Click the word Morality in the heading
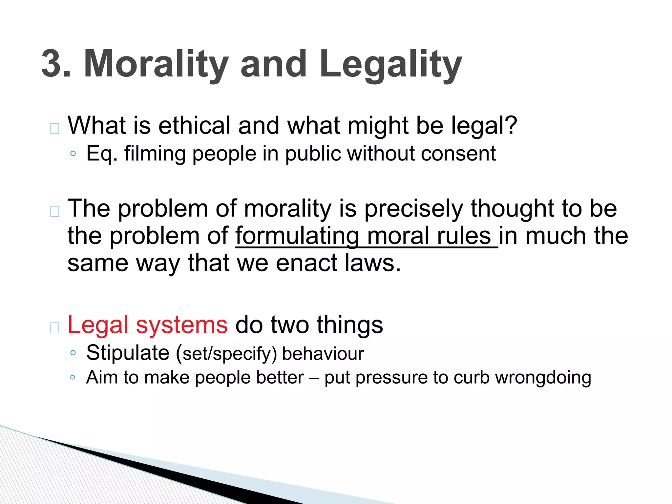[x=156, y=64]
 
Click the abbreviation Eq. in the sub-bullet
[x=102, y=154]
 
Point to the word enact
[x=307, y=263]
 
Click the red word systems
[x=182, y=325]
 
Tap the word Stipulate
[x=128, y=353]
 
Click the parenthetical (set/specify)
[x=226, y=354]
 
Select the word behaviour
[x=323, y=354]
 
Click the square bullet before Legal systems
[x=54, y=327]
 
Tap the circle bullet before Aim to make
[x=73, y=377]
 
